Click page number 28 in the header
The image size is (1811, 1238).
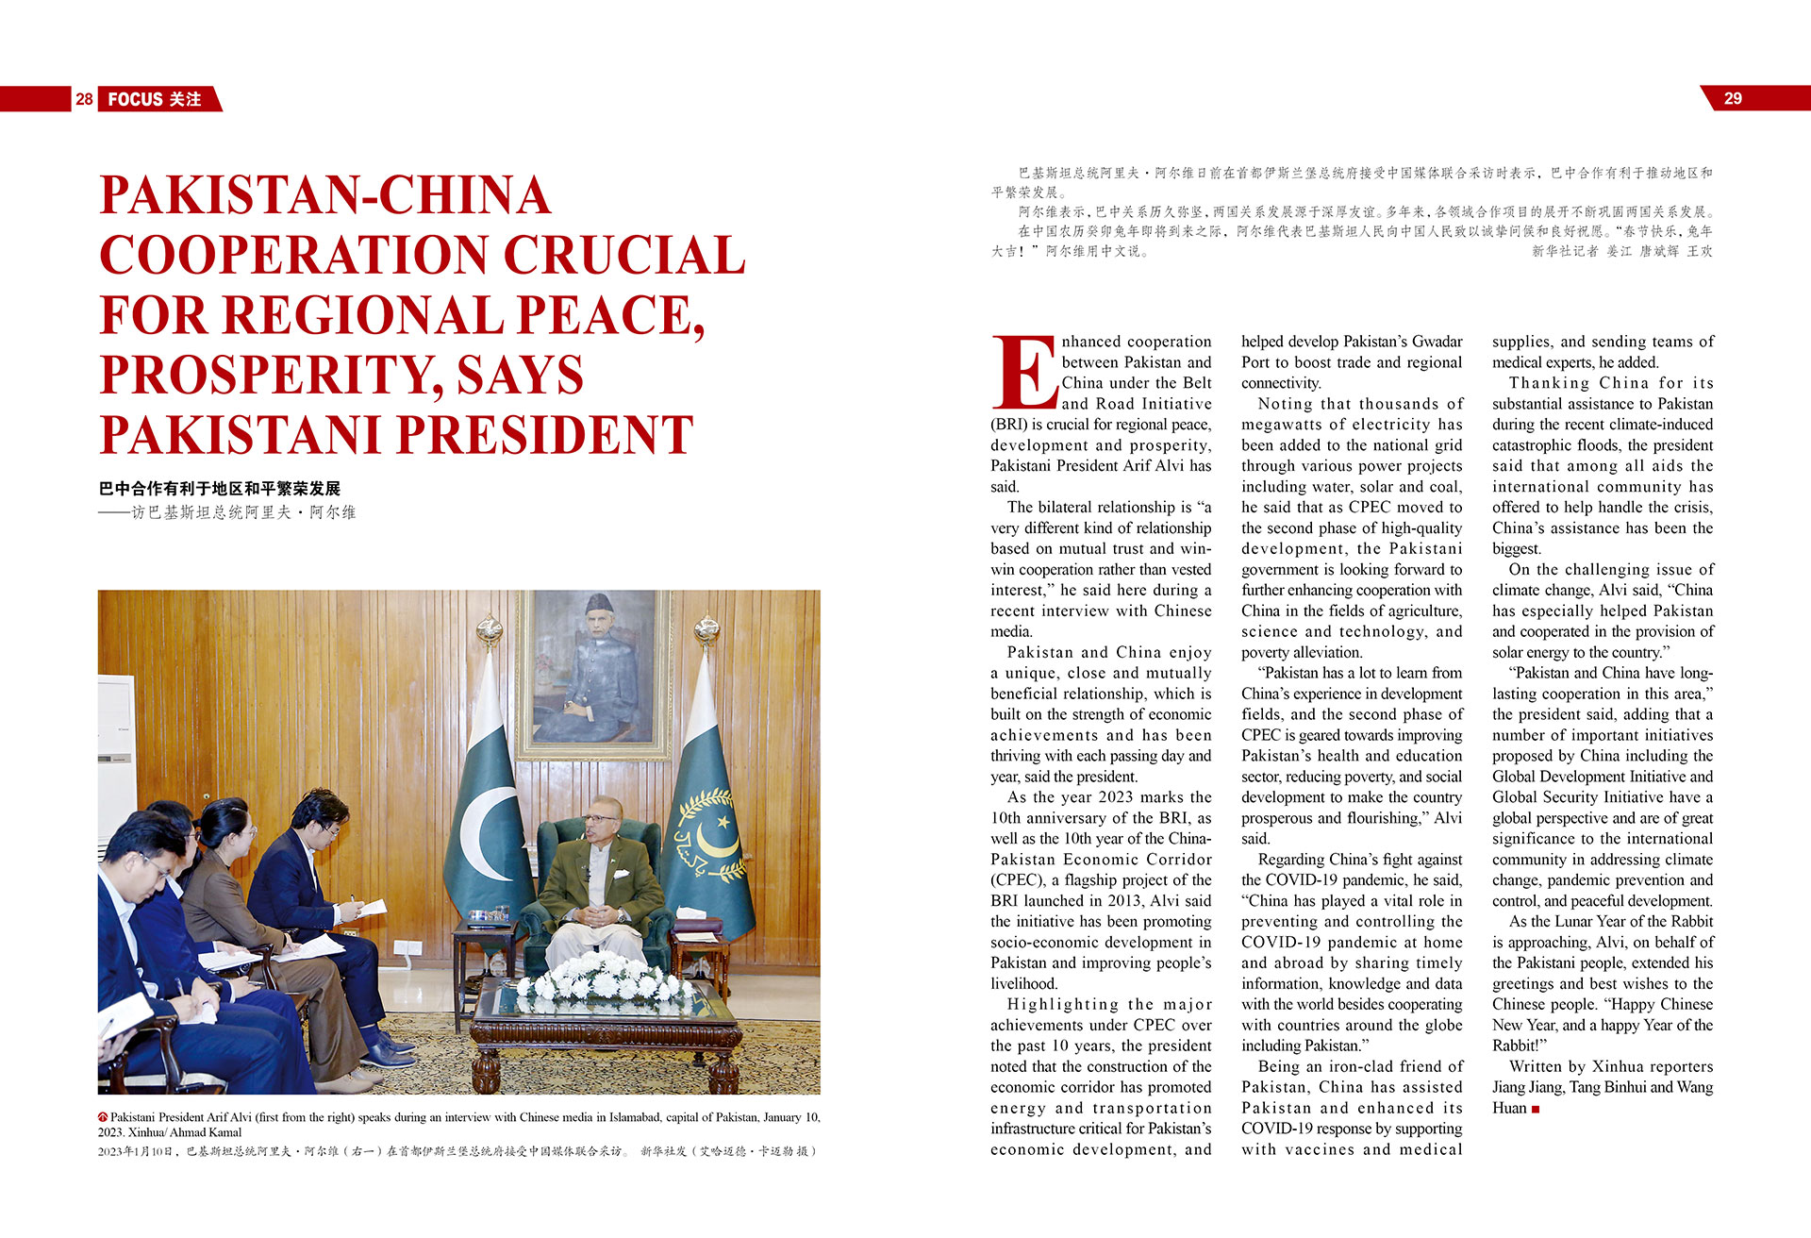[84, 99]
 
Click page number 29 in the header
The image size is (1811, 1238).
[1733, 98]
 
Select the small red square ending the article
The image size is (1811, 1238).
[1536, 1110]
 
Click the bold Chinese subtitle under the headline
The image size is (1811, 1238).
[219, 489]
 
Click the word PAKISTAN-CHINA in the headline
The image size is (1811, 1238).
[324, 195]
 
